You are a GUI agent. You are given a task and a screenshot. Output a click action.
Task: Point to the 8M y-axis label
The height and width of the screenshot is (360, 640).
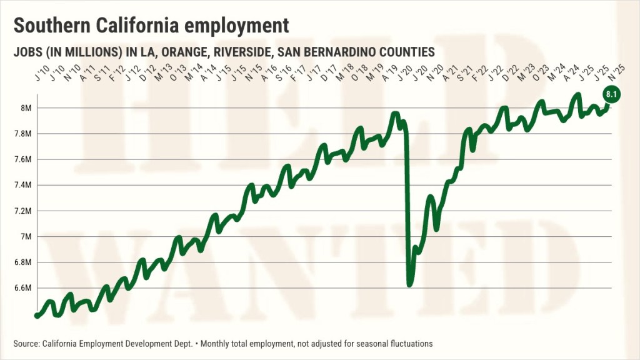[26, 108]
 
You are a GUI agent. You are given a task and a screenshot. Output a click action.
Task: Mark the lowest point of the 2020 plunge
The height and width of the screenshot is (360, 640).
[410, 284]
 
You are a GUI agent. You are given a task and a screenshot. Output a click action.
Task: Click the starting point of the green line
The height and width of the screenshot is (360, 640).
[37, 316]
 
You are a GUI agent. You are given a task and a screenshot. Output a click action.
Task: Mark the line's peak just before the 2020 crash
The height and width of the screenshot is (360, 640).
[394, 114]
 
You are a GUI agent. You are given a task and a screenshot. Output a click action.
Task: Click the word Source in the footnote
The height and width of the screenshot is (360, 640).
[26, 344]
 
